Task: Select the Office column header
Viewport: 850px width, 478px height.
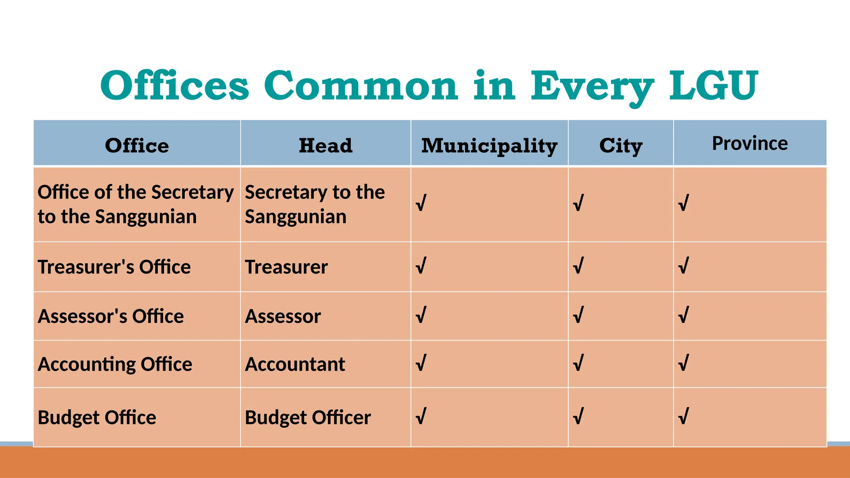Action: (137, 146)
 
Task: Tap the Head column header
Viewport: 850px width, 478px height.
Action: (325, 146)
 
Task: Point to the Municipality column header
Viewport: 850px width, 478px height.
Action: (489, 146)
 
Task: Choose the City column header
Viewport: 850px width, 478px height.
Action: (620, 146)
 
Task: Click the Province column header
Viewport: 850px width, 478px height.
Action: (750, 143)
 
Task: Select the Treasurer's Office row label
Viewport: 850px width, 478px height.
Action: (114, 267)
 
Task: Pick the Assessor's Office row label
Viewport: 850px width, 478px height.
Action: (111, 316)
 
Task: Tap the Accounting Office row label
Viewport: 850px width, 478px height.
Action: (115, 364)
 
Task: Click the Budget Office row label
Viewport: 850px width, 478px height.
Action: (97, 417)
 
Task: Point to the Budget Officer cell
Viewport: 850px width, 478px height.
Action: (308, 417)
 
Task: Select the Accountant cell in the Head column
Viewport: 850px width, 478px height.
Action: (295, 364)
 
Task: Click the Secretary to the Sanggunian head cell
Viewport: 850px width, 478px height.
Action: (315, 204)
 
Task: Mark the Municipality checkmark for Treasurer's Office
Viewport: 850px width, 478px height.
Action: (421, 266)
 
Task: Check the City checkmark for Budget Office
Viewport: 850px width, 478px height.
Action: (578, 416)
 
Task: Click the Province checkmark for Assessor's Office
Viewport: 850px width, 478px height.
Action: (683, 315)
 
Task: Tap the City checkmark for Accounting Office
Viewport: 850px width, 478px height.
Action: (578, 363)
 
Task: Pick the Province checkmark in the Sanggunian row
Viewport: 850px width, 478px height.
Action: (683, 203)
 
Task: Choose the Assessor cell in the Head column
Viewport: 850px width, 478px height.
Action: (283, 316)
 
